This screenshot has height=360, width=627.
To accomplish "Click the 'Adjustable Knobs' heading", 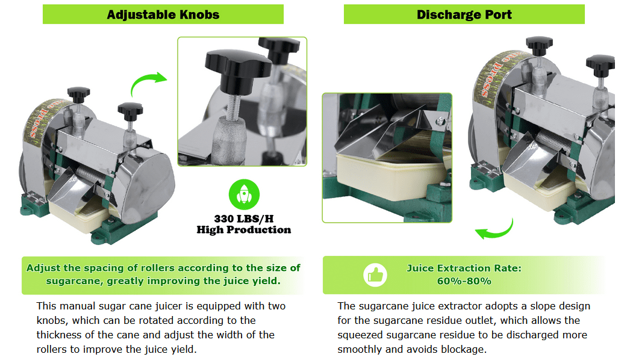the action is pyautogui.click(x=163, y=15).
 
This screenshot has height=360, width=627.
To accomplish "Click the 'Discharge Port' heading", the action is pyautogui.click(x=464, y=15).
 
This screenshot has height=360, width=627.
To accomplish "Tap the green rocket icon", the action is pyautogui.click(x=244, y=194).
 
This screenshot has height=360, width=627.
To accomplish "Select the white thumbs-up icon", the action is pyautogui.click(x=375, y=275).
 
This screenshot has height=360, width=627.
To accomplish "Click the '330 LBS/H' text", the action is pyautogui.click(x=244, y=219).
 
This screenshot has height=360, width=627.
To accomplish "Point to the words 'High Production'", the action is pyautogui.click(x=244, y=230).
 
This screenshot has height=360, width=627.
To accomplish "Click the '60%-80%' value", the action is pyautogui.click(x=464, y=281).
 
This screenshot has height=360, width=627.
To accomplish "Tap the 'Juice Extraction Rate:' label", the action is pyautogui.click(x=464, y=268).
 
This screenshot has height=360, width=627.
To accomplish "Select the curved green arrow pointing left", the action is pyautogui.click(x=496, y=232).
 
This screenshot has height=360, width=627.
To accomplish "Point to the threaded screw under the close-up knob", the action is pyautogui.click(x=233, y=106).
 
